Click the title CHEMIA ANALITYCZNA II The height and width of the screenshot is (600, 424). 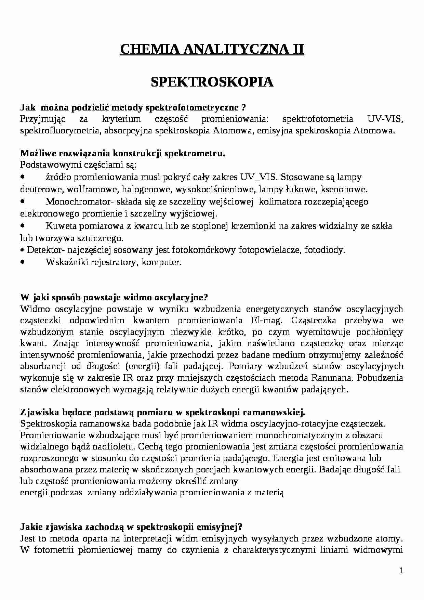point(212,50)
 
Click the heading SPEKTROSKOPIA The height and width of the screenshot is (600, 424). point(212,82)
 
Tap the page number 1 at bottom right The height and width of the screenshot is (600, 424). point(401,570)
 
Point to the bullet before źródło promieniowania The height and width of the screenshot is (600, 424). point(23,177)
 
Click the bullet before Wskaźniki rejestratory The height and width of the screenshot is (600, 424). point(23,262)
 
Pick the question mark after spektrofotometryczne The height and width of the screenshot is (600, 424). point(243,108)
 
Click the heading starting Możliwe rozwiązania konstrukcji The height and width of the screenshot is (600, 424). point(123,153)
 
